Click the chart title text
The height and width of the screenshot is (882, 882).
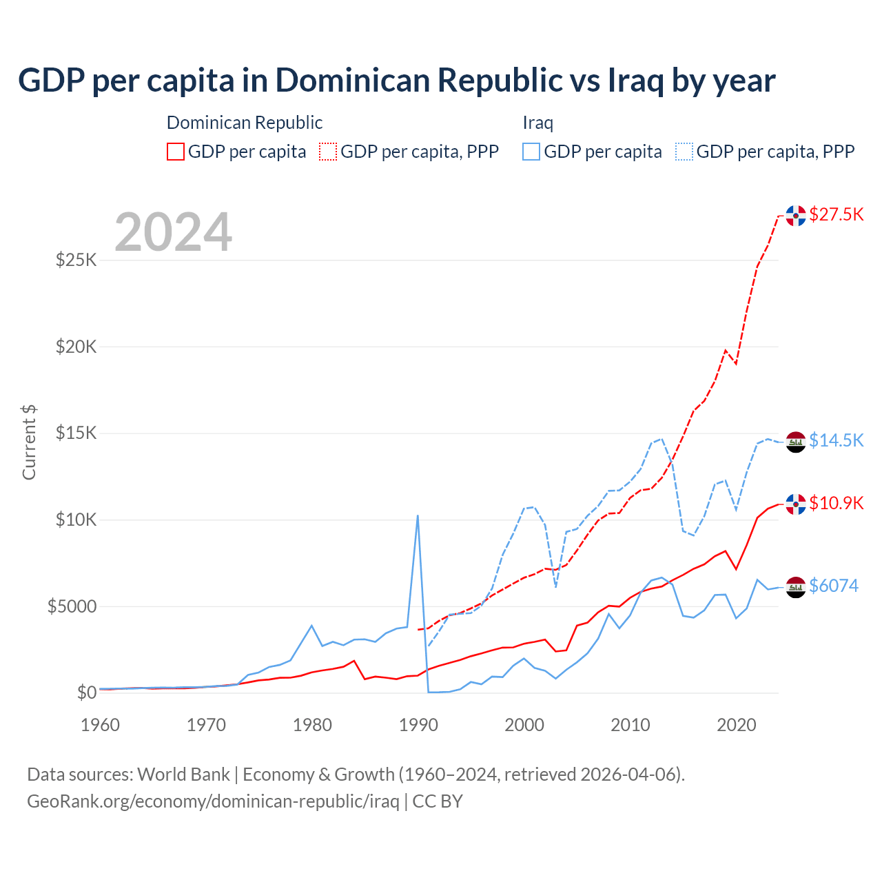click(x=396, y=81)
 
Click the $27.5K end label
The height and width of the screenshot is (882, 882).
click(x=836, y=214)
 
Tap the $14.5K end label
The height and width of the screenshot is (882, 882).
click(x=836, y=440)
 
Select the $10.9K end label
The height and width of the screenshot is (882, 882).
click(x=836, y=503)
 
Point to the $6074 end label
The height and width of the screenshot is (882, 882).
click(x=833, y=586)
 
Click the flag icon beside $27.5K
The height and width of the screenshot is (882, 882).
click(x=796, y=216)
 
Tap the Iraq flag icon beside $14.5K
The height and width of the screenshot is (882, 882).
click(x=796, y=442)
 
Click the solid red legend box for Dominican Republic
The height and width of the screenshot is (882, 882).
click(x=176, y=152)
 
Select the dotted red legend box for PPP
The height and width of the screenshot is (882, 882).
click(x=328, y=152)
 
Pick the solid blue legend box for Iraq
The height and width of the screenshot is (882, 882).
click(x=531, y=152)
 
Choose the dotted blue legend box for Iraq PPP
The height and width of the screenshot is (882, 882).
click(x=684, y=152)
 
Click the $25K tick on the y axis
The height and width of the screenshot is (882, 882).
click(x=76, y=260)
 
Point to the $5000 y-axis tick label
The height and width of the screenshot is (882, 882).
click(x=72, y=606)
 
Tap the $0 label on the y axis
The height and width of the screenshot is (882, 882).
click(x=86, y=693)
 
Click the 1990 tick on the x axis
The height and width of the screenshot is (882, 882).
click(x=418, y=725)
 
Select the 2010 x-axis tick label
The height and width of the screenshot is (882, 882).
click(x=630, y=725)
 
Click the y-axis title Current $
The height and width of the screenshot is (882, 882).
click(x=29, y=442)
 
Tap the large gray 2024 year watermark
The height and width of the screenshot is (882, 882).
click(x=173, y=232)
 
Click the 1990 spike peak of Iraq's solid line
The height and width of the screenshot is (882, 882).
click(x=418, y=516)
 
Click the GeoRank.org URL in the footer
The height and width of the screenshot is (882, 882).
click(x=213, y=801)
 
